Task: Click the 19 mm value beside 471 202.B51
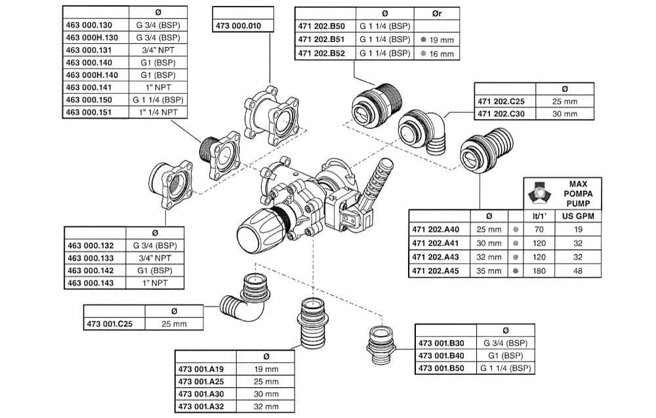[436, 39]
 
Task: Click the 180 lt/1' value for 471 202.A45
[539, 270]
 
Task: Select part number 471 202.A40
[436, 230]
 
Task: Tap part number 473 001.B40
[441, 356]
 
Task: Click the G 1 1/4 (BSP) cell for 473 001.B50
[505, 368]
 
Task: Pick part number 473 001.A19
[201, 369]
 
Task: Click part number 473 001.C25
[114, 324]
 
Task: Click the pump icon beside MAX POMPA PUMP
[539, 192]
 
